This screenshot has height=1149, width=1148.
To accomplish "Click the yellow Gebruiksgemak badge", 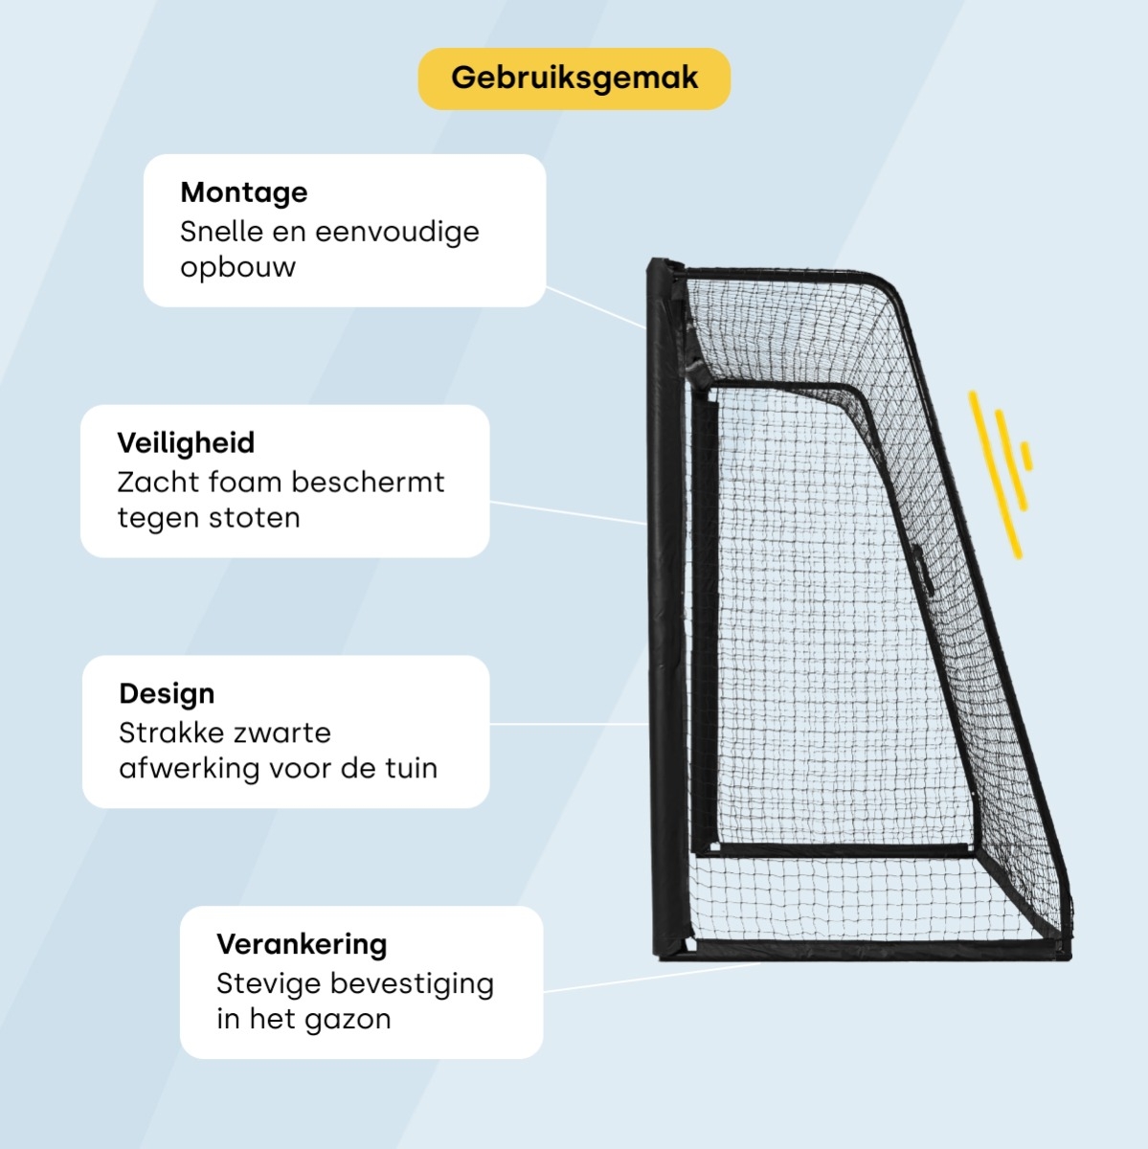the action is coord(574,79).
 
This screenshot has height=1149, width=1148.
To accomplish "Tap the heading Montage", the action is coord(244,192).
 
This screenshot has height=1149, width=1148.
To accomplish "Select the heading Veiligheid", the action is coord(186,442).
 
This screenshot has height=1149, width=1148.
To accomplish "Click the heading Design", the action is coord(167,693).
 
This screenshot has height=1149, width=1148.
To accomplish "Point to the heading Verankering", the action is coord(302,944).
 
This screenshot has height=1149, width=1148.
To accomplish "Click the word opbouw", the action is coord(238,267).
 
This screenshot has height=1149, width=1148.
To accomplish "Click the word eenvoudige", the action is coord(396,232).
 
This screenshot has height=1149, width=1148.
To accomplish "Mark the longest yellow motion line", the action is coord(995,475).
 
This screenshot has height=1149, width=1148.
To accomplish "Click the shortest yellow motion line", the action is coord(1026,457).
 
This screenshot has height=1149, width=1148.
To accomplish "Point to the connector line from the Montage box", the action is coord(596,307).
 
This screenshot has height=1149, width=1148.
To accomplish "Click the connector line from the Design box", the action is coord(569,725).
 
